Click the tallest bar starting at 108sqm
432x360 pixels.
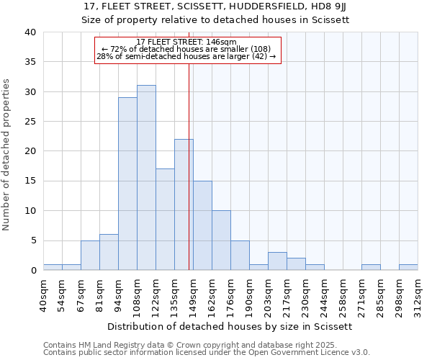click(146, 178)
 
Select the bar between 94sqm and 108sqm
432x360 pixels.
click(127, 184)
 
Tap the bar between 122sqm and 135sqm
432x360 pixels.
click(165, 220)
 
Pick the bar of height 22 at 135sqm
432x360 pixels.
click(184, 204)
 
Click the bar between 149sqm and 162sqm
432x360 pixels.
click(202, 225)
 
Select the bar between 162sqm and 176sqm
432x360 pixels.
click(221, 240)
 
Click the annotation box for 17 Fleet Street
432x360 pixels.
click(187, 50)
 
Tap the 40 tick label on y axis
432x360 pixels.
click(30, 32)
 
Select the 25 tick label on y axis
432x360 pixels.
click(30, 122)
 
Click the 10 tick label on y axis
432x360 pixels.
click(30, 211)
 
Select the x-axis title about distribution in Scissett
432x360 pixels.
click(230, 326)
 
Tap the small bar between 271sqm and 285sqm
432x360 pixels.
click(371, 267)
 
